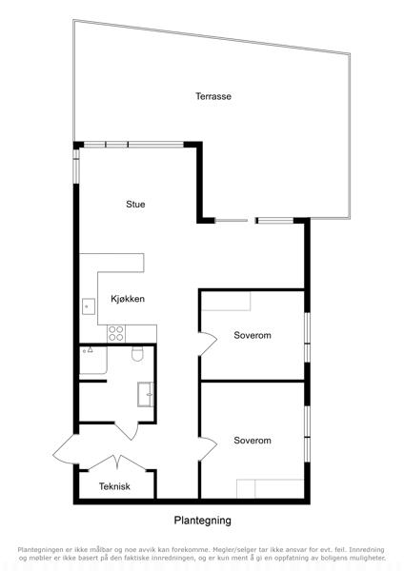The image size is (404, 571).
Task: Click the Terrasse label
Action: point(213,96)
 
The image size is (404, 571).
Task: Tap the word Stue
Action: point(135,205)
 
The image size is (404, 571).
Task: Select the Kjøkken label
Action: point(128,299)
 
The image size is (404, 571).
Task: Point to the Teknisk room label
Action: point(114,486)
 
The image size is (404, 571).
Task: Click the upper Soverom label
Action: point(252,335)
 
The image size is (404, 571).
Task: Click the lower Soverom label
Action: point(252,441)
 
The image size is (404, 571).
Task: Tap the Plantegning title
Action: point(202,521)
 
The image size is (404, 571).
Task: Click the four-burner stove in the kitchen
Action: point(116,334)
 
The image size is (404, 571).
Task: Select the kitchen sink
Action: point(89,306)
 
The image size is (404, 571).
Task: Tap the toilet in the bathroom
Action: point(137,353)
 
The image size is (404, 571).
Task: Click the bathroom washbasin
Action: point(146,394)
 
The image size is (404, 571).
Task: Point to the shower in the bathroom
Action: point(93,360)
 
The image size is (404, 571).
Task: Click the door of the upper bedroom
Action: point(208,344)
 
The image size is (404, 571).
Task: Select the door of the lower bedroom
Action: point(208,449)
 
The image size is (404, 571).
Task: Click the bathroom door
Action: point(127,431)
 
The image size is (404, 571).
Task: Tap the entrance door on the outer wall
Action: point(65,449)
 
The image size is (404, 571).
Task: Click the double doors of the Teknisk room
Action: point(117,463)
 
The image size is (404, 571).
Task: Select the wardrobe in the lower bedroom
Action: point(271,489)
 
